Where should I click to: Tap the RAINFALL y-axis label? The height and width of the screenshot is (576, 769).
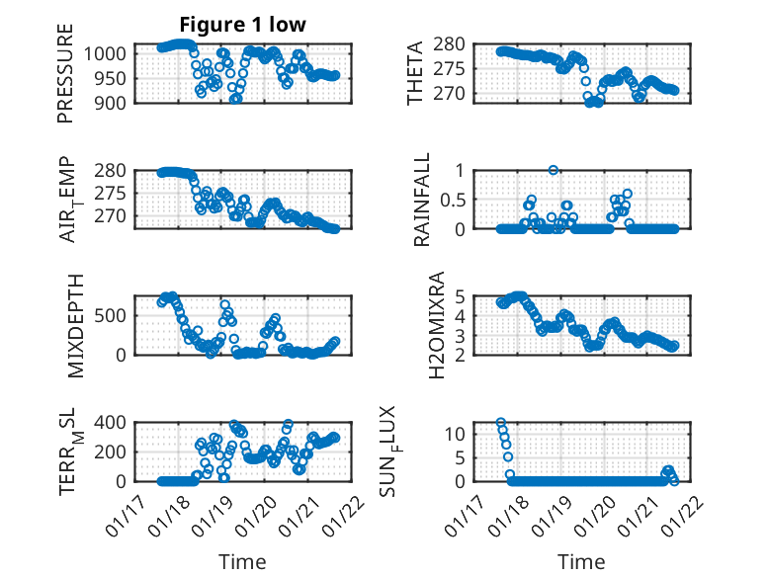point(422,200)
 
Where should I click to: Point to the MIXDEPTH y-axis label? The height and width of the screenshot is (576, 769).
point(78,325)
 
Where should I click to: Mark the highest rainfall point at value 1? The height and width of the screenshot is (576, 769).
point(554,170)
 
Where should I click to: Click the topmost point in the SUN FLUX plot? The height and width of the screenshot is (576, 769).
point(501,423)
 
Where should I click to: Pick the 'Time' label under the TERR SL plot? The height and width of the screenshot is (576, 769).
point(242,561)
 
